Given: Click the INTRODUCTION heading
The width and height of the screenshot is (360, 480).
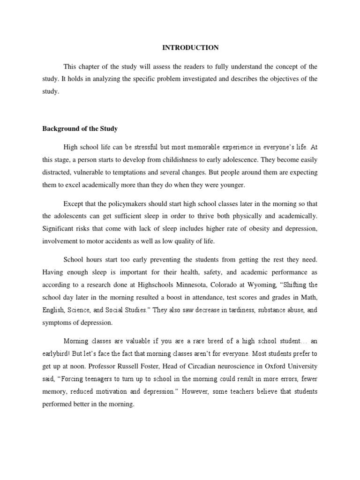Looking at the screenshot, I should [190, 47].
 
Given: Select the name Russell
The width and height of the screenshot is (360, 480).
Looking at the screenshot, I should [127, 367].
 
